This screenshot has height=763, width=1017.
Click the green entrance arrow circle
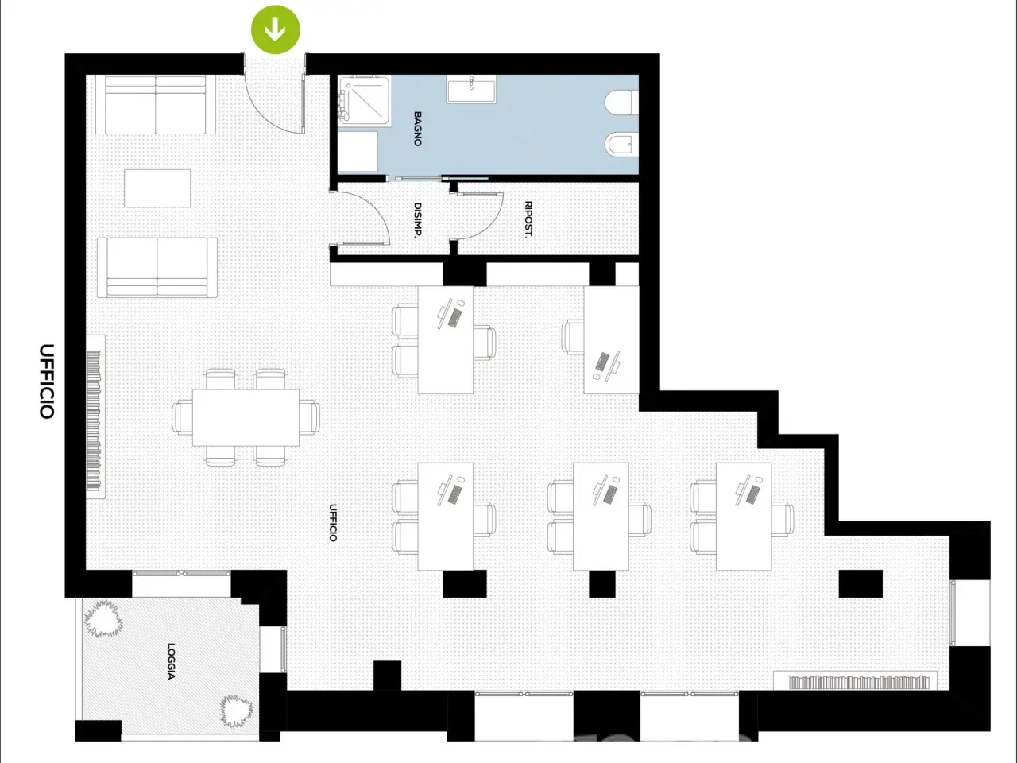(x=275, y=29)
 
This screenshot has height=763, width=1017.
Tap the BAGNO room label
(x=417, y=129)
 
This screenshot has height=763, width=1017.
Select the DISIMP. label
(x=417, y=220)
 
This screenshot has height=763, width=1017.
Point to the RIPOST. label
(x=528, y=219)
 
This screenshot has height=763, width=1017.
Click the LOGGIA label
(x=171, y=661)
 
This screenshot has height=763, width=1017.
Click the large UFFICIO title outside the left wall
(x=47, y=381)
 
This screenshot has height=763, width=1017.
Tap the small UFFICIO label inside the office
(x=333, y=522)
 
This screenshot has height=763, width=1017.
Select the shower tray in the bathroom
(x=365, y=100)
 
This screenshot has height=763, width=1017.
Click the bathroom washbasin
(x=471, y=88)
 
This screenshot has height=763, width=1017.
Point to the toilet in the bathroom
(x=622, y=103)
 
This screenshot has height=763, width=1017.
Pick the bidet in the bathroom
(x=622, y=145)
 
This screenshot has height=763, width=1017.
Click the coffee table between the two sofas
(x=157, y=188)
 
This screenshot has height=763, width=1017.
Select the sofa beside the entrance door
(x=156, y=105)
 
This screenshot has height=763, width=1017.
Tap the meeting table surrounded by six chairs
(x=246, y=417)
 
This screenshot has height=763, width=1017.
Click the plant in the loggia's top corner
(x=103, y=618)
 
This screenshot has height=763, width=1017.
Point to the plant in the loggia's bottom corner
(x=236, y=711)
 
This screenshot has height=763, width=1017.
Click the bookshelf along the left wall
(x=95, y=417)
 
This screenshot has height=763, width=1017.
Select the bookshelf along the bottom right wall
(x=855, y=681)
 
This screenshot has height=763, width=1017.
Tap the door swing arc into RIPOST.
(x=491, y=226)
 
